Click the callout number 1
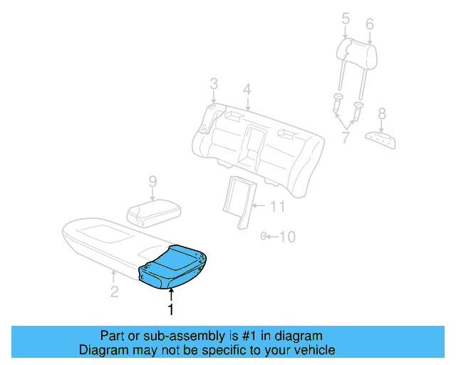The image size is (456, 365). (170, 309)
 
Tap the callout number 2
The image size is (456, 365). (114, 291)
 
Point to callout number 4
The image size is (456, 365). (247, 90)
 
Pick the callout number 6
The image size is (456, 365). (369, 24)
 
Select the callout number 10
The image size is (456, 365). (286, 237)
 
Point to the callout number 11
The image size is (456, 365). (278, 207)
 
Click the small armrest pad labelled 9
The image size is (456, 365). (152, 212)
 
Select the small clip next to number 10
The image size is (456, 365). (264, 236)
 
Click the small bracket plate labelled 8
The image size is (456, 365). (380, 138)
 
